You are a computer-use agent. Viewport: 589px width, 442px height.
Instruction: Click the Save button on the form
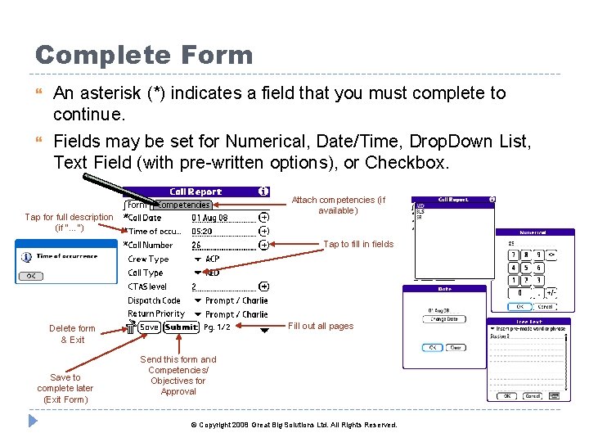149,327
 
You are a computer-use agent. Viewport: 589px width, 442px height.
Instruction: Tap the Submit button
181,327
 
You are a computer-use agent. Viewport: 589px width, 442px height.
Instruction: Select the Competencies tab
182,205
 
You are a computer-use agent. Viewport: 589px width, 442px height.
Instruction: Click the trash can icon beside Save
131,327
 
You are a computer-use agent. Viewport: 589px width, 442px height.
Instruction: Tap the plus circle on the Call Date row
263,218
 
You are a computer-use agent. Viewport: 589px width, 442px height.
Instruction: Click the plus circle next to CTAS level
263,286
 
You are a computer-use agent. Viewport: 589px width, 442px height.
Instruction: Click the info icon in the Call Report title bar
263,191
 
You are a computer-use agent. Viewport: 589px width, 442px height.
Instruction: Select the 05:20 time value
202,232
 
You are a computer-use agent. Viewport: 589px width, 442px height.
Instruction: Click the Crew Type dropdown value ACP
213,259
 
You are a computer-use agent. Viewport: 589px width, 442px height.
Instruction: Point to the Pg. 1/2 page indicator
218,327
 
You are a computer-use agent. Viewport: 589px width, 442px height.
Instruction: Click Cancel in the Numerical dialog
544,307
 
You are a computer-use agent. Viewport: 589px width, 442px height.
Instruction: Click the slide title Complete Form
144,55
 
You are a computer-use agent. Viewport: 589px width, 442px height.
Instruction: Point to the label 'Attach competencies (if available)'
339,205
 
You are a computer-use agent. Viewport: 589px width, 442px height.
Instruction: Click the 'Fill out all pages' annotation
321,326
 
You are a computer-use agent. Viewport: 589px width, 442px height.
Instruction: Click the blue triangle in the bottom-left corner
33,421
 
